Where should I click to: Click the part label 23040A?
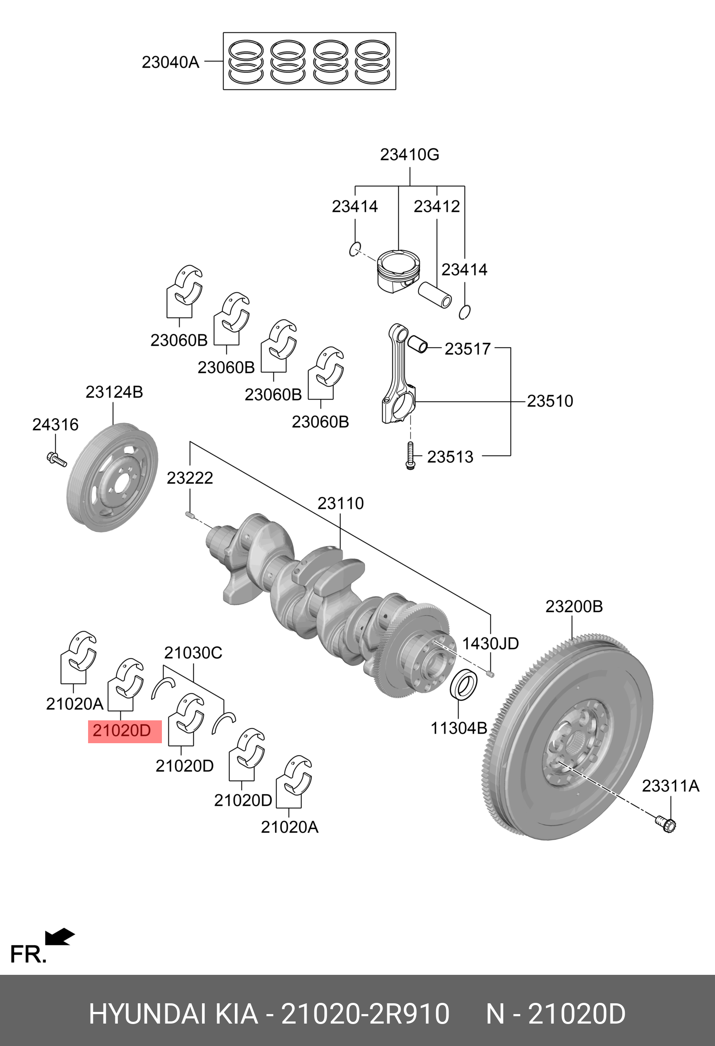(x=170, y=62)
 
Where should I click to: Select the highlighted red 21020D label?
(x=122, y=730)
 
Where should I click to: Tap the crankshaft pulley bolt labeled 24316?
(x=56, y=459)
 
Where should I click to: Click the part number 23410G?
(x=410, y=154)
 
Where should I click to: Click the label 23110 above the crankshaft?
(x=340, y=503)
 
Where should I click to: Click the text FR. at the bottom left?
(x=28, y=954)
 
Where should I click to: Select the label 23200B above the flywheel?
(x=573, y=606)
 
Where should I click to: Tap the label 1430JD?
(x=490, y=643)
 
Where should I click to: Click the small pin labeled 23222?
(x=189, y=514)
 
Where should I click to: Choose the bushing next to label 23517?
(x=418, y=344)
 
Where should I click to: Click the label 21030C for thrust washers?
(x=193, y=653)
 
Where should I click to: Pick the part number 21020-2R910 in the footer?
(x=365, y=1014)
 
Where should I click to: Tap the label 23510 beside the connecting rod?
(x=550, y=401)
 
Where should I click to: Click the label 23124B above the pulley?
(x=114, y=392)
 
